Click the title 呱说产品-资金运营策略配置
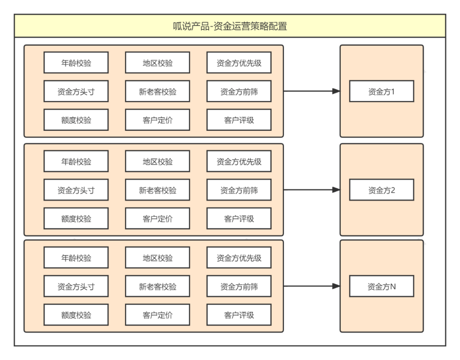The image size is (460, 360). [230, 26]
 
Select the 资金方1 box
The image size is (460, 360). [381, 92]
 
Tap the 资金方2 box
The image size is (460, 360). [381, 190]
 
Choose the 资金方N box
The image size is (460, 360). [381, 287]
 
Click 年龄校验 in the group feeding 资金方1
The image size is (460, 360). [76, 63]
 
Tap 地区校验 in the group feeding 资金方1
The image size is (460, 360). [158, 63]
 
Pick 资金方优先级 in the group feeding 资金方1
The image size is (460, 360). [239, 63]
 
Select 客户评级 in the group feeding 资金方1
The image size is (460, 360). [239, 120]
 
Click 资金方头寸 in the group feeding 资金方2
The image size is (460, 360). [76, 190]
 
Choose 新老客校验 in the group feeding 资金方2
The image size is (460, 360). [158, 190]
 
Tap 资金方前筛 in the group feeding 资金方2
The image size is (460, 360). [239, 190]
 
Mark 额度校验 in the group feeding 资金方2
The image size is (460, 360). [76, 219]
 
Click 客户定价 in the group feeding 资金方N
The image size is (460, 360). [158, 315]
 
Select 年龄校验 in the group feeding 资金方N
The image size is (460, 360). [76, 258]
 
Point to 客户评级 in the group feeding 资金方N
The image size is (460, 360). [239, 315]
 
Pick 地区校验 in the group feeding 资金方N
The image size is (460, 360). [158, 258]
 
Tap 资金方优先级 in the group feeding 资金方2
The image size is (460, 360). [239, 161]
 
